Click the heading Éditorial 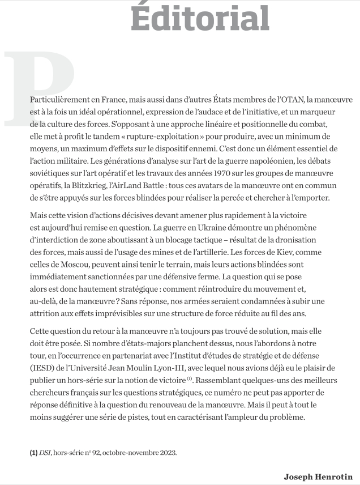[x=200, y=17]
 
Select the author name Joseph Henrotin [x=318, y=476]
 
